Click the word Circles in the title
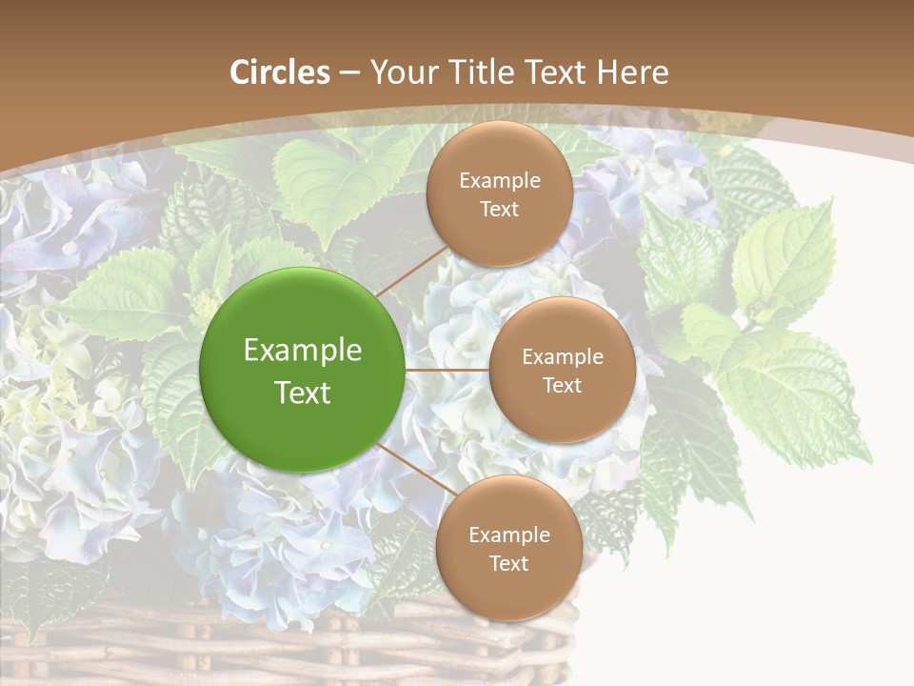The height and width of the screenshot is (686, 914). click(280, 72)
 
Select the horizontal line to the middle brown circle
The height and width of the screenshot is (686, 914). click(447, 370)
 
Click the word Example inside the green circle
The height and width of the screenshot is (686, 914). click(303, 351)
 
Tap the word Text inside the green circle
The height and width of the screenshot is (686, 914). click(303, 393)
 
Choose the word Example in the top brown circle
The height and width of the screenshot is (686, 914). click(500, 181)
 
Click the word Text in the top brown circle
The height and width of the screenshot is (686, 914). click(500, 209)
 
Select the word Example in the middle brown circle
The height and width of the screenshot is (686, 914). click(563, 357)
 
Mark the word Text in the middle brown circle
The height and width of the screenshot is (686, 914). click(563, 385)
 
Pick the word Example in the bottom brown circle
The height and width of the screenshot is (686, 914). click(508, 535)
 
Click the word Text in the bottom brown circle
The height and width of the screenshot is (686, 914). click(508, 563)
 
